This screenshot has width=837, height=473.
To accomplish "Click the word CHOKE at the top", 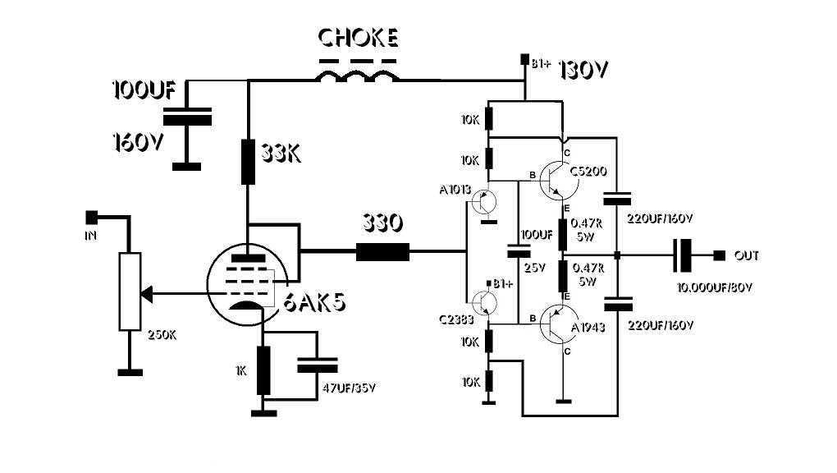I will click(358, 39).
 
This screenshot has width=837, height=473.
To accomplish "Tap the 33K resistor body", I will click(248, 161).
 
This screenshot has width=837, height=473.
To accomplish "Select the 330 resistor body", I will click(382, 251).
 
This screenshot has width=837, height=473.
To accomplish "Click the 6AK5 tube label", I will click(315, 303).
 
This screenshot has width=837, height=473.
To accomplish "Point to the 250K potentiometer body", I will click(130, 292).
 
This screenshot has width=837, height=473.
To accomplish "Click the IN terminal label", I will click(90, 236).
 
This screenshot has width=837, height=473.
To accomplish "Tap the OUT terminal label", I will click(748, 256).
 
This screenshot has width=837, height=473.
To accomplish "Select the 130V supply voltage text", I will click(583, 71).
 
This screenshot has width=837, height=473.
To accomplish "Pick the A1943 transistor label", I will click(589, 326).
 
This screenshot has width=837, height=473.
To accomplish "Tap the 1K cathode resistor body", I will click(263, 370).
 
